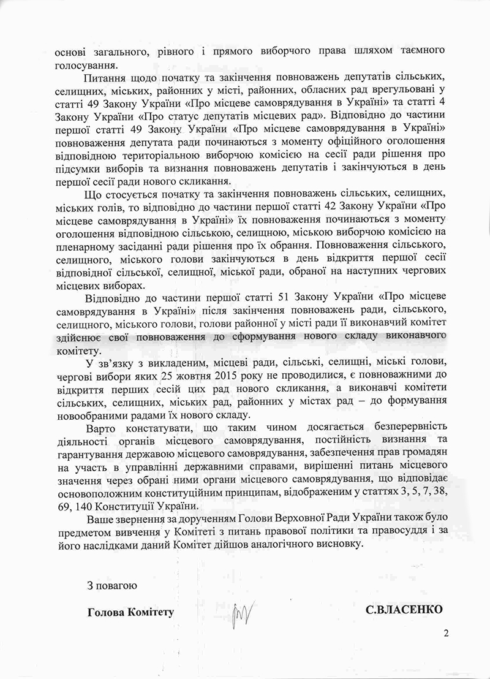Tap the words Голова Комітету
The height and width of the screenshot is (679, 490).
click(x=127, y=612)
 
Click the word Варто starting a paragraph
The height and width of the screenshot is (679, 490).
click(x=102, y=425)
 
